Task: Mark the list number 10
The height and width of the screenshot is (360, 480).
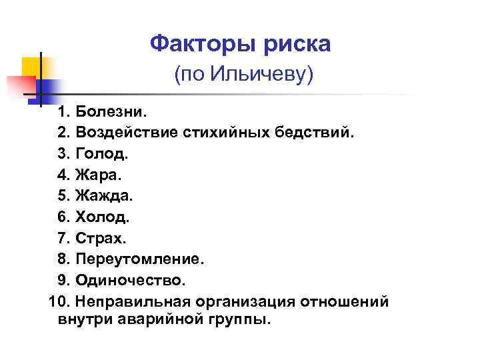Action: coord(57,302)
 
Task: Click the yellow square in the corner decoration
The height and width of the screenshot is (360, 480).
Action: coord(32,69)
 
